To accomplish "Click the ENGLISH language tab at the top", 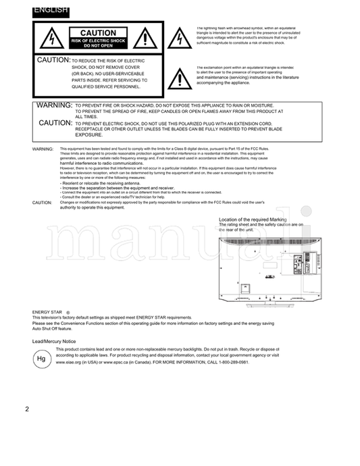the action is (50, 9).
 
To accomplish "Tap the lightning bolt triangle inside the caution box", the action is (51, 39).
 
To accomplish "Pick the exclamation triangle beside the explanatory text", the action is (179, 80).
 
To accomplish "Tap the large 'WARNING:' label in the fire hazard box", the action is (54, 106).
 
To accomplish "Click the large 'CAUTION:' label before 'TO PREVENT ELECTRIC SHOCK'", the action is (55, 123).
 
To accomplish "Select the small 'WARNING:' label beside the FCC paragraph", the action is (43, 149).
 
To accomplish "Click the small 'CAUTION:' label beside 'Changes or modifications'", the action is (42, 203).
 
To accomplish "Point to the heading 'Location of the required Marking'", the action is (253, 219).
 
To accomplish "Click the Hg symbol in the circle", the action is (41, 359).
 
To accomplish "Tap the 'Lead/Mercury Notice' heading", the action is (54, 342).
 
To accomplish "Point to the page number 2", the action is (27, 409).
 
